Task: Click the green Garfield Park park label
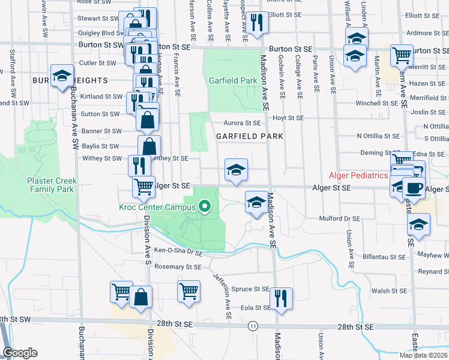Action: (x=232, y=80)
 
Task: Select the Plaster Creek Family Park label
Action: (x=50, y=184)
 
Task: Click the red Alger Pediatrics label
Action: (x=358, y=175)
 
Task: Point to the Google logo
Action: (x=20, y=353)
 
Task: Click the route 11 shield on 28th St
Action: (x=254, y=326)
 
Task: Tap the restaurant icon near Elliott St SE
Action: (x=257, y=23)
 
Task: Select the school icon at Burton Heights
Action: (x=61, y=76)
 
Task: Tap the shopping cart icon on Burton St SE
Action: (x=402, y=56)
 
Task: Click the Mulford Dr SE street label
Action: (x=339, y=218)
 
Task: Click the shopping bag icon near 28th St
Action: (x=140, y=297)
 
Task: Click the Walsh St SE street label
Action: (x=390, y=291)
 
